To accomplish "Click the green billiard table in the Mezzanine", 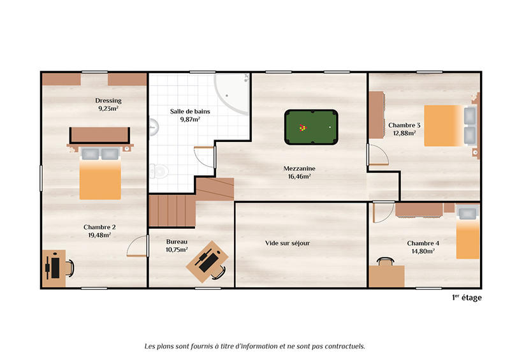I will (311, 127).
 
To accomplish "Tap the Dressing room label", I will (108, 101).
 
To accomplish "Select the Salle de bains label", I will (190, 112).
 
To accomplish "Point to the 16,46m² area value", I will (300, 176).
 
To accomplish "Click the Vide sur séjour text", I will (288, 243).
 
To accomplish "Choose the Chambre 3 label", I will (404, 126).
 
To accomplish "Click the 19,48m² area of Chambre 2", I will (99, 234).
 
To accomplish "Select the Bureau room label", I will (177, 242).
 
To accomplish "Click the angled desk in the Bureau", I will (207, 260).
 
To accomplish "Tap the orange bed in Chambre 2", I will (100, 179).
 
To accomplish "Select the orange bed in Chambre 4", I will (468, 240).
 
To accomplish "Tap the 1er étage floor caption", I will (467, 298).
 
